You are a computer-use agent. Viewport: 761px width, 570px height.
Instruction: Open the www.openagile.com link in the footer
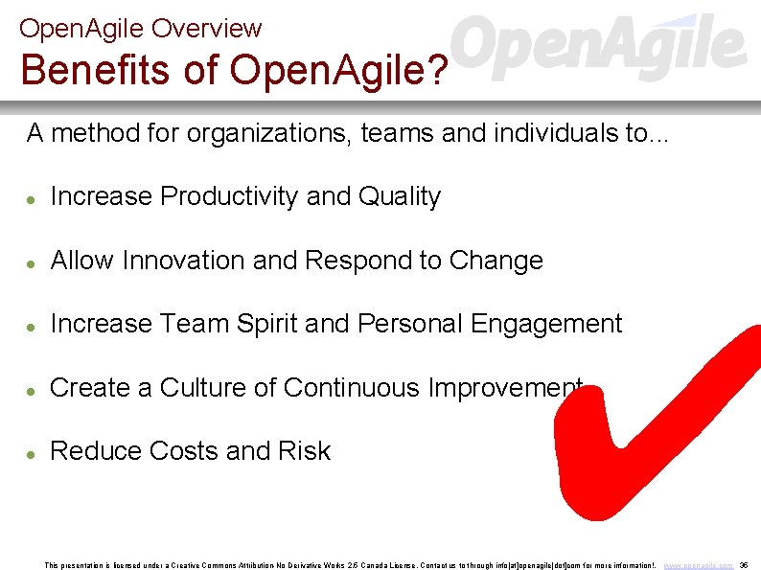coord(699,565)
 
